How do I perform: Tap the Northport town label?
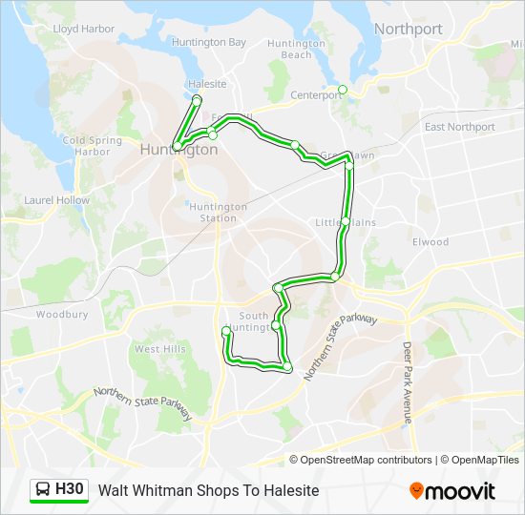(x=408, y=30)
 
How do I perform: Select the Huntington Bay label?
(x=209, y=43)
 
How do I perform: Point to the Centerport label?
(x=315, y=94)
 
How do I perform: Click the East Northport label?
(x=460, y=127)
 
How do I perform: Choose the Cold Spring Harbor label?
(x=92, y=146)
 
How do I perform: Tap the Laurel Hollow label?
(x=57, y=201)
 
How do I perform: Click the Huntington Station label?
(x=219, y=213)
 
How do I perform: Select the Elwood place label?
(x=430, y=242)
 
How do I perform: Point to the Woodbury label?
(x=62, y=314)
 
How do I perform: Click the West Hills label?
(x=159, y=350)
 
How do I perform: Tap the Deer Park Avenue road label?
(x=407, y=381)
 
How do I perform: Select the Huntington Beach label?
(x=296, y=49)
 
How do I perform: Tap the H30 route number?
(x=70, y=490)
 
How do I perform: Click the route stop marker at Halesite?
(x=197, y=100)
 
